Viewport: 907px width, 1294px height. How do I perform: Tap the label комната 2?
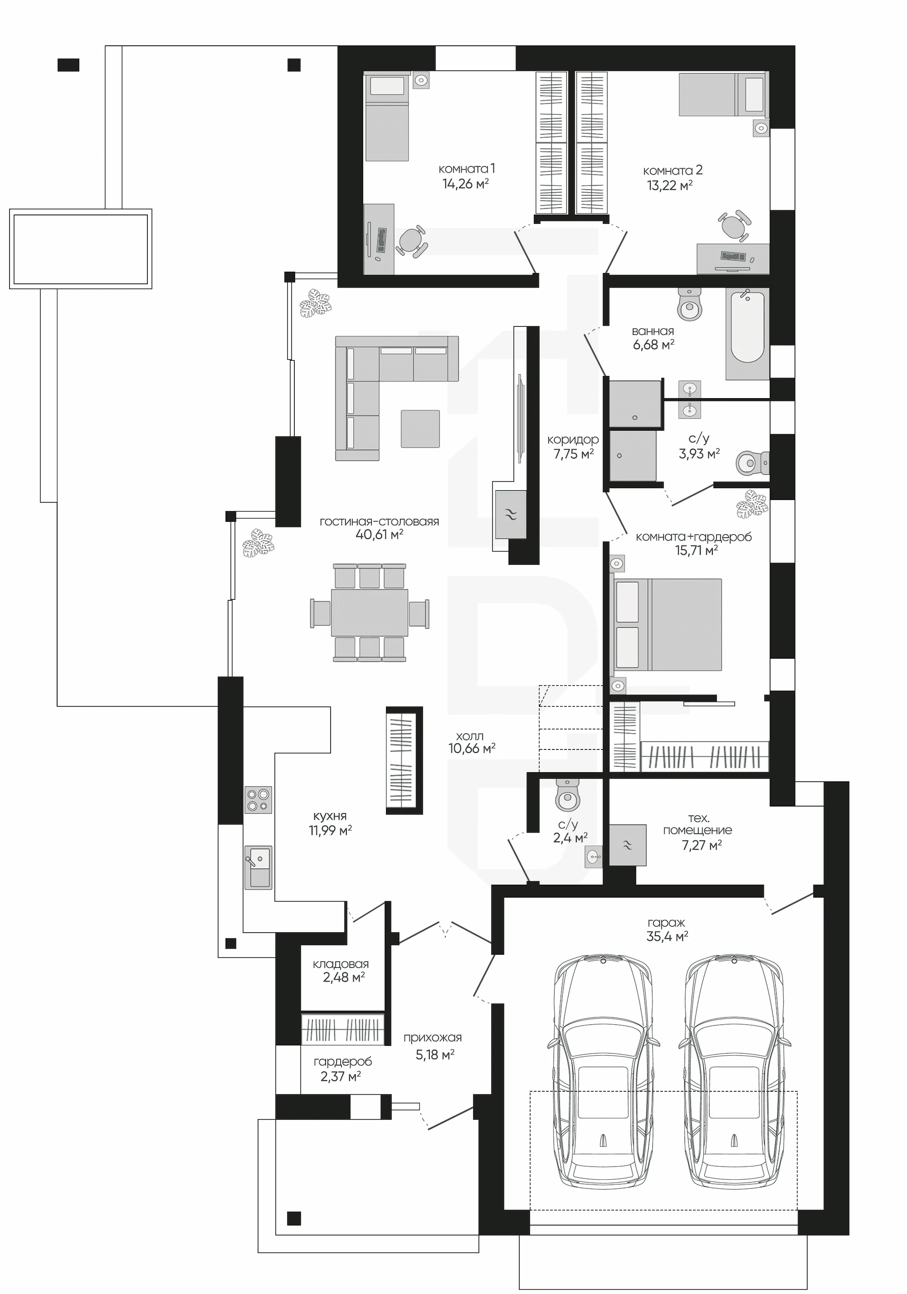point(673,170)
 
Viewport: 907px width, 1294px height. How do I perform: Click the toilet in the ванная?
point(689,305)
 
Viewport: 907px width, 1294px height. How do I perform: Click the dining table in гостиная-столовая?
point(370,613)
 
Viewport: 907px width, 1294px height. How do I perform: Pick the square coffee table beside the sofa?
point(420,428)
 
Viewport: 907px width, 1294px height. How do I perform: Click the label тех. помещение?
point(697,824)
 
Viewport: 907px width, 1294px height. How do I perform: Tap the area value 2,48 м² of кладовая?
point(344,977)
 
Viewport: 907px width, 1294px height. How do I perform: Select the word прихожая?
point(432,1038)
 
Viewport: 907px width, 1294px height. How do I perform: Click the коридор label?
point(573,440)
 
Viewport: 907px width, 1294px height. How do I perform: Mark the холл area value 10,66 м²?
point(472,748)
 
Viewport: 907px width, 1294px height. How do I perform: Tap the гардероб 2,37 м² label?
point(343,1069)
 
